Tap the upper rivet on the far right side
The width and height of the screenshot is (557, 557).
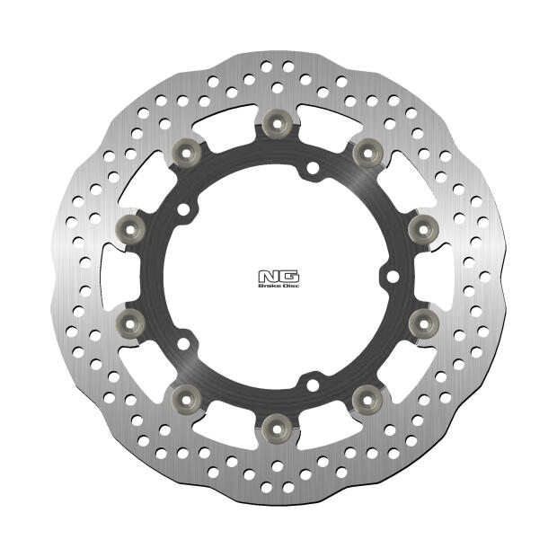click(x=422, y=227)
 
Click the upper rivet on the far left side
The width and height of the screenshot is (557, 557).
click(x=129, y=227)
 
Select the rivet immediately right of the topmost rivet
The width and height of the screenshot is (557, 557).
click(x=367, y=151)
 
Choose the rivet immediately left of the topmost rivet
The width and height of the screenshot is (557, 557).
click(x=185, y=151)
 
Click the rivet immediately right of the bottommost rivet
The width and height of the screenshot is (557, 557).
click(x=367, y=396)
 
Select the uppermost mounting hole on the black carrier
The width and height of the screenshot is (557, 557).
click(x=311, y=168)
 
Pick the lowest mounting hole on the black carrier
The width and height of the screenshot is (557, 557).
click(x=311, y=384)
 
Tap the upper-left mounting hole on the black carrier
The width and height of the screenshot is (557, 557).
click(x=184, y=209)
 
